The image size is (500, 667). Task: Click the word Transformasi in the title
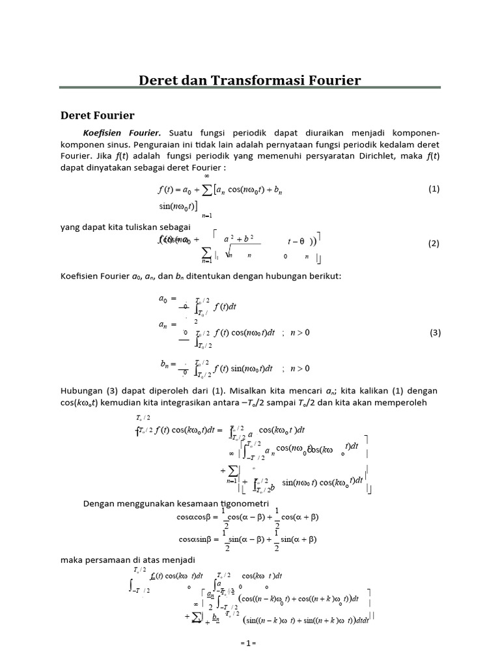[x=257, y=80]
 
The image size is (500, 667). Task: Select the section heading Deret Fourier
[x=98, y=115]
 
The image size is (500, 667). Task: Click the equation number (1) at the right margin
[x=434, y=189]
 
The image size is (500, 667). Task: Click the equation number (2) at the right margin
[x=434, y=244]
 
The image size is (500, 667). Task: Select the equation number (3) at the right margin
[x=436, y=332]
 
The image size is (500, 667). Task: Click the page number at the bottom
[x=249, y=643]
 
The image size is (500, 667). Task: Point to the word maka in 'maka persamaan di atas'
[x=71, y=560]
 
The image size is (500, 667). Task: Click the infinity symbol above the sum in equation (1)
[x=207, y=176]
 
